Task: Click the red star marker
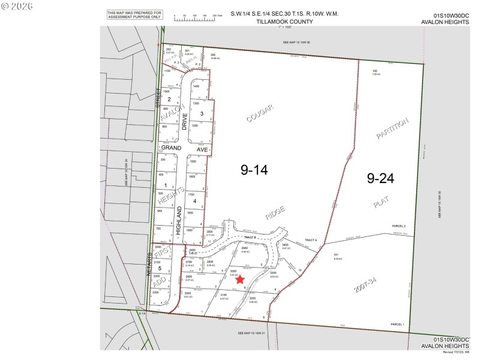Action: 240,279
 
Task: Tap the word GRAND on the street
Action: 170,147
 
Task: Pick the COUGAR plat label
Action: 259,113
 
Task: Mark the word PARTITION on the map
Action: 392,128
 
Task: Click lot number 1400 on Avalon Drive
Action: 195,87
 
